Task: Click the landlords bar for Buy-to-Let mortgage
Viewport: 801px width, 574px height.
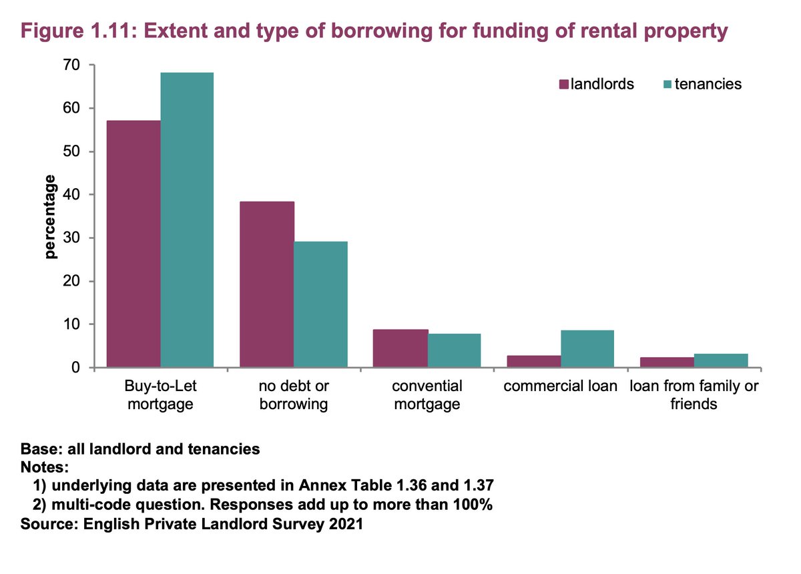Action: point(133,244)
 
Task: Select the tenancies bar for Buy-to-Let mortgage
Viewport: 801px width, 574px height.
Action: point(187,220)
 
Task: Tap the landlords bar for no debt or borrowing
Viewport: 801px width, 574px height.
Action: point(267,284)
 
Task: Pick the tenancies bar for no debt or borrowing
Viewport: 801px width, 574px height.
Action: point(320,304)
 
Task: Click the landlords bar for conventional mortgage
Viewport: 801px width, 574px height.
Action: point(400,348)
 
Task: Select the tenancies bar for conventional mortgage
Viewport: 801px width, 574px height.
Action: point(454,350)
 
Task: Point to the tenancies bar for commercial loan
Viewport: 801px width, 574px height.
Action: point(587,349)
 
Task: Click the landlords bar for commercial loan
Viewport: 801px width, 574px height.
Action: point(534,361)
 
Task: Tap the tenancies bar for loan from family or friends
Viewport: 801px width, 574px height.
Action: point(721,360)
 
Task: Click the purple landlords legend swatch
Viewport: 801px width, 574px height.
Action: point(563,84)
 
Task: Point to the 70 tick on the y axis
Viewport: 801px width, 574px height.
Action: point(72,65)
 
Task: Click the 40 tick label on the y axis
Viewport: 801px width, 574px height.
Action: point(72,195)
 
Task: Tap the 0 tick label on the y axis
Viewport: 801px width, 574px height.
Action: point(76,368)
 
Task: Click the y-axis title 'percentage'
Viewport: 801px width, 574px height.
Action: point(51,217)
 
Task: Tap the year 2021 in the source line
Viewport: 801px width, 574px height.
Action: point(346,524)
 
